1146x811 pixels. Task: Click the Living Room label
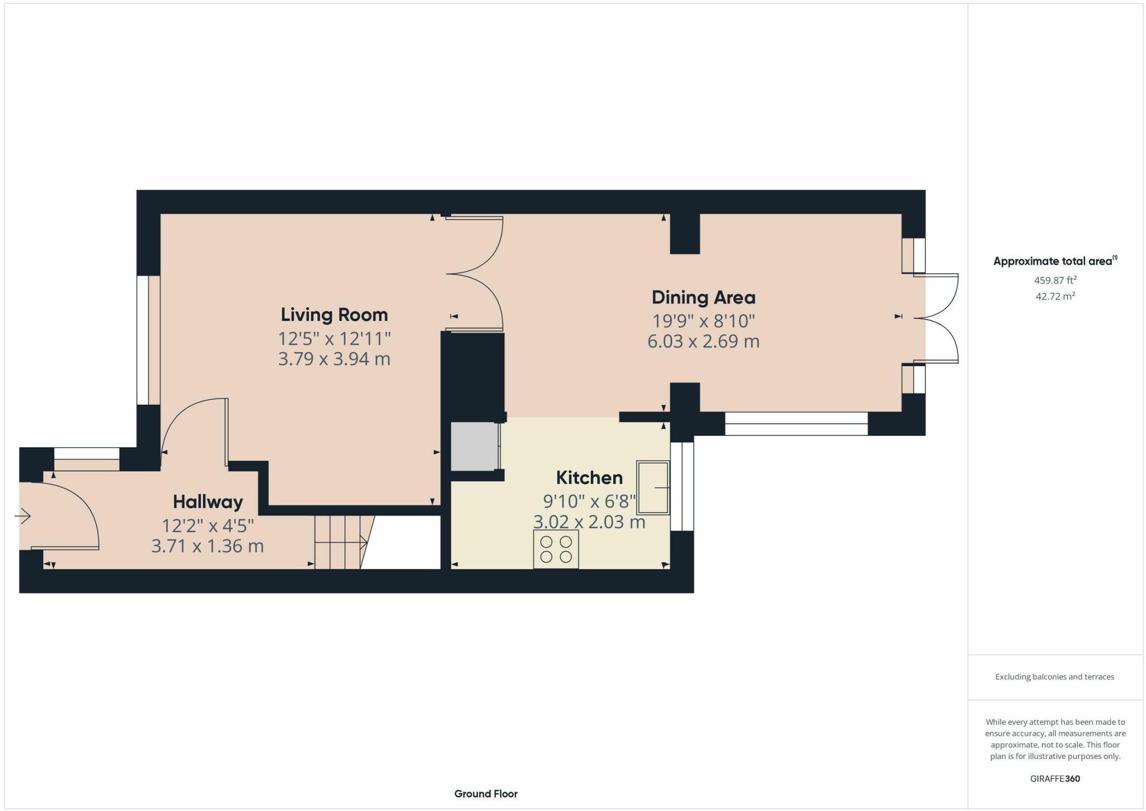point(334,315)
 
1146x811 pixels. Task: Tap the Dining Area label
point(703,297)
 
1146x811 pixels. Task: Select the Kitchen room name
point(589,477)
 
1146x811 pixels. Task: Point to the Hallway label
point(208,501)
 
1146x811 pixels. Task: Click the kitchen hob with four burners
point(556,549)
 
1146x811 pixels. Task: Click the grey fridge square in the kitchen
point(475,447)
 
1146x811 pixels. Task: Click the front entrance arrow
point(22,515)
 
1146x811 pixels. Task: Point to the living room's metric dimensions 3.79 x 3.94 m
point(334,359)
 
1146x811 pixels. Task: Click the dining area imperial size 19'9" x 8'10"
point(703,321)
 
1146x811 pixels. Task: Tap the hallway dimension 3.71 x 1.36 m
point(208,546)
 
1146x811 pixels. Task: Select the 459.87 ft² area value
point(1055,280)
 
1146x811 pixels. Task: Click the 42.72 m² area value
point(1055,296)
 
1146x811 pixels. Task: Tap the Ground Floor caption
point(486,794)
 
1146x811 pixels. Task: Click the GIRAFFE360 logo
point(1055,779)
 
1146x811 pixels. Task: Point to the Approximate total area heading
point(1055,261)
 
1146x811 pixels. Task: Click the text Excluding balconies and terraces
point(1055,677)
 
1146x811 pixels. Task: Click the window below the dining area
point(796,424)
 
